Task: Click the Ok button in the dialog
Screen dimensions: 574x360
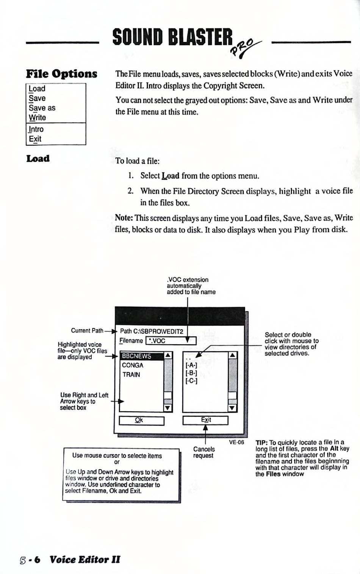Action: pos(141,420)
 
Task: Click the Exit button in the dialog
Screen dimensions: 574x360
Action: pos(205,420)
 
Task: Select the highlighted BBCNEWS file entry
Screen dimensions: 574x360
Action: pos(141,356)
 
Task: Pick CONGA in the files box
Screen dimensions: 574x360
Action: pos(133,365)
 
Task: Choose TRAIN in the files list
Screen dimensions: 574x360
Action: pos(131,374)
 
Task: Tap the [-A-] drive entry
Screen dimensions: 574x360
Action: pos(191,365)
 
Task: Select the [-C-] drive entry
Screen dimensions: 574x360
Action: pos(191,381)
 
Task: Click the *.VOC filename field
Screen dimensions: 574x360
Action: pos(171,341)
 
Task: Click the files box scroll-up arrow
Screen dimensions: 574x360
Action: pos(168,355)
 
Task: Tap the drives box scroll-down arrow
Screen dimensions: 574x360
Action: pos(232,408)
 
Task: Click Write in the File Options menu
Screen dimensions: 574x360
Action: pos(38,117)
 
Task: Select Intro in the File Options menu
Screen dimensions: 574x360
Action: pos(36,129)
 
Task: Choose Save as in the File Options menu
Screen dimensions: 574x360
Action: pos(42,108)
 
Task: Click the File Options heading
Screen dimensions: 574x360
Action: pos(61,74)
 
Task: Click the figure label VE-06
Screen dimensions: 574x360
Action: pos(236,442)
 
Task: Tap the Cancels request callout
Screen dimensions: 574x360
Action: pos(204,452)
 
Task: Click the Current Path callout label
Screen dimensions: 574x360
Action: pos(87,331)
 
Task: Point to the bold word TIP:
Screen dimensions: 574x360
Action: pos(261,443)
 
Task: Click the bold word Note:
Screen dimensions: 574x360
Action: pos(124,218)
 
